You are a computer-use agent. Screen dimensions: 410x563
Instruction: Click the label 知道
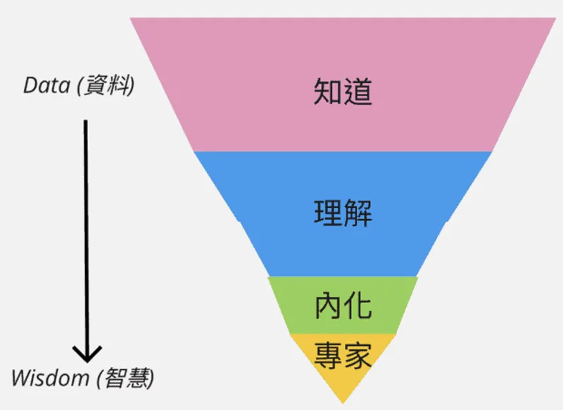(x=343, y=92)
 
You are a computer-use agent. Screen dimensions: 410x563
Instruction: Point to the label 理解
(x=343, y=212)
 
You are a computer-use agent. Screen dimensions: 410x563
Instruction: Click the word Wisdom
(x=48, y=378)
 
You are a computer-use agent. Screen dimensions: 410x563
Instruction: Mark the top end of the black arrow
(x=86, y=121)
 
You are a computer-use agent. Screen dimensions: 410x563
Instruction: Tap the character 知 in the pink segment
(x=328, y=92)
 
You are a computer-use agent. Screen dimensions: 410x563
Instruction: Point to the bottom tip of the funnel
(x=343, y=402)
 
